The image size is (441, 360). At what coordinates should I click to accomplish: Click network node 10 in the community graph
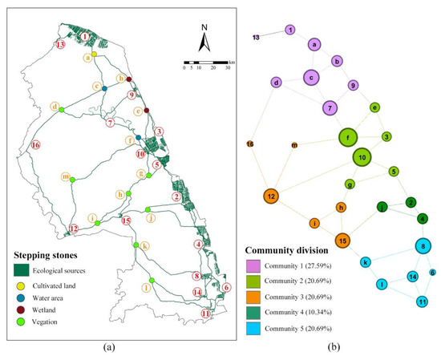[x=362, y=158]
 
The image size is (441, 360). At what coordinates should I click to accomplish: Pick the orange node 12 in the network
[x=272, y=196]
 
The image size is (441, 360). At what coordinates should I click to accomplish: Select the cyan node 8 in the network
[x=422, y=245]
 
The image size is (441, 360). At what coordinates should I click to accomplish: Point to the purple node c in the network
[x=310, y=78]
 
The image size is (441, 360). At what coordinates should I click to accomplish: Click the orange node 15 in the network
[x=342, y=240]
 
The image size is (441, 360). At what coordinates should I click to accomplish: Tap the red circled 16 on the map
[x=35, y=145]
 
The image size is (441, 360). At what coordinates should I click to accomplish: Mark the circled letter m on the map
[x=65, y=176]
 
